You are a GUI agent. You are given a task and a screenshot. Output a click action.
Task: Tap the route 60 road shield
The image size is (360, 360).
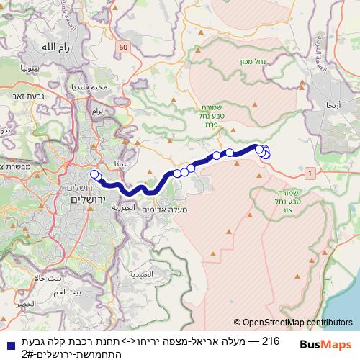coord(123,48)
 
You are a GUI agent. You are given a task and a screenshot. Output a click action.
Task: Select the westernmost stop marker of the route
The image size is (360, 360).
coord(94,174)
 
